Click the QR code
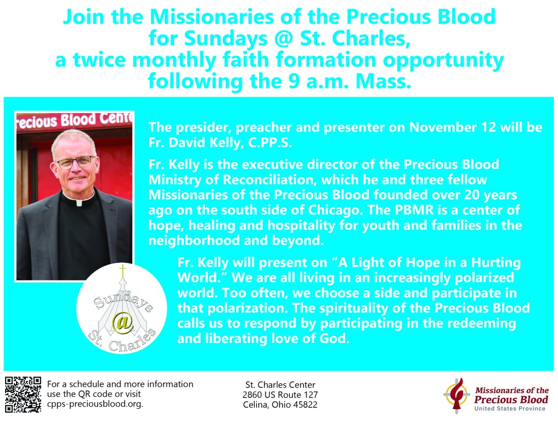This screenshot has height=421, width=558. [23, 394]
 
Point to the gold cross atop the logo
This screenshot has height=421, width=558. [122, 271]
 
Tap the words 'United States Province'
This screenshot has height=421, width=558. [510, 409]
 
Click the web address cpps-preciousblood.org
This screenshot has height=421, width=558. [95, 404]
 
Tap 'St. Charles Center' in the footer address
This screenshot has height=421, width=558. [280, 385]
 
